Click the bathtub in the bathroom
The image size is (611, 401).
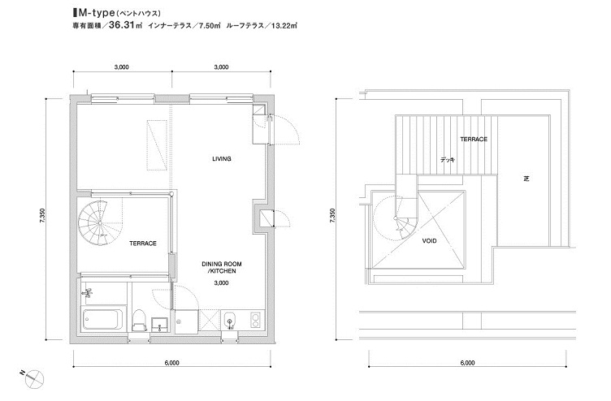(x=104, y=318)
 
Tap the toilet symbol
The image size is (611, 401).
(x=139, y=320)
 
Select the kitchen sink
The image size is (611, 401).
(x=230, y=320)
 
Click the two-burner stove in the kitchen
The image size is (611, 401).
(x=256, y=320)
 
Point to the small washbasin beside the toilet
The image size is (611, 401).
(x=159, y=324)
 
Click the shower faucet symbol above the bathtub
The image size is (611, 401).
(x=88, y=292)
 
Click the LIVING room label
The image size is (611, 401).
(x=222, y=159)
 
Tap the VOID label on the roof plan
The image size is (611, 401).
(x=429, y=241)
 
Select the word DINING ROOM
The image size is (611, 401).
(x=221, y=264)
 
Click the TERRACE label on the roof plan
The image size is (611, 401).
(x=474, y=139)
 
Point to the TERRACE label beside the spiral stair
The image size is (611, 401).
(x=143, y=244)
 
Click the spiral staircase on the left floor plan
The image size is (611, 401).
(x=93, y=222)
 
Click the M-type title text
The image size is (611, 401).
(x=96, y=13)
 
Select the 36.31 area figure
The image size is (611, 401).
(x=121, y=26)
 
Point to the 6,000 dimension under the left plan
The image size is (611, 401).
(x=172, y=363)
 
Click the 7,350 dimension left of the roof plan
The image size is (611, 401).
(x=332, y=215)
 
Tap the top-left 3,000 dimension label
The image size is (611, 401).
(x=122, y=67)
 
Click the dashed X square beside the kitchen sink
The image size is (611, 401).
(x=209, y=320)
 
